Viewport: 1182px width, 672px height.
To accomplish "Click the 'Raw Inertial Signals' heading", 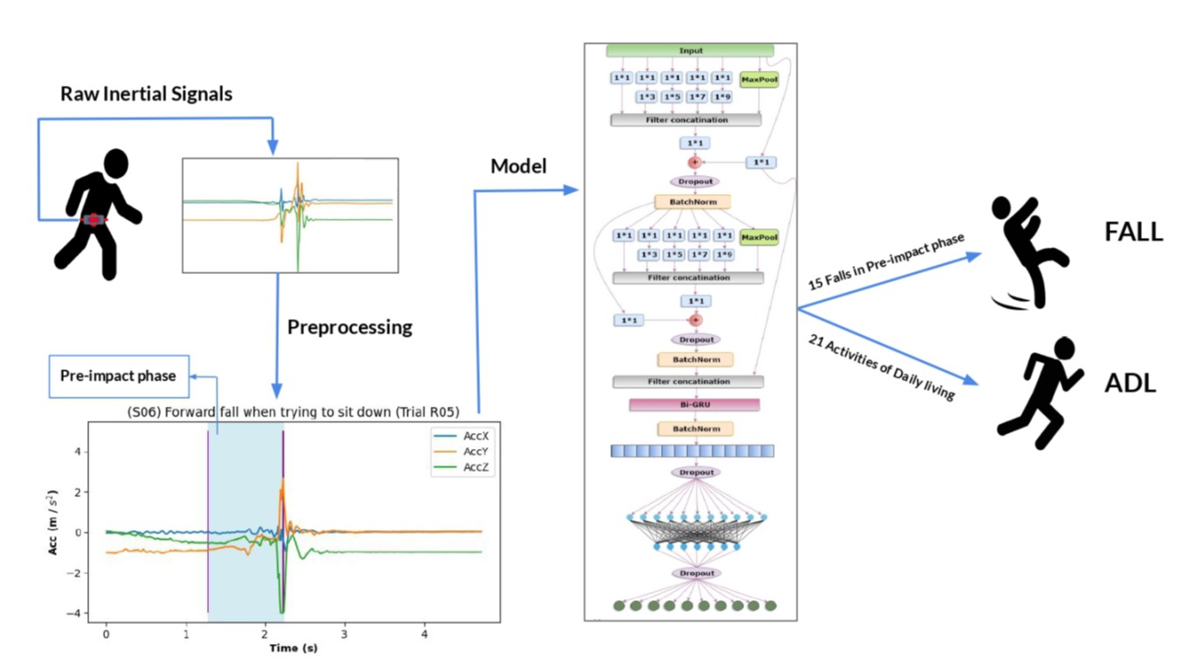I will coord(146,94).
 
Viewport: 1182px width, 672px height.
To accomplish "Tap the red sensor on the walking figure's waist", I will coord(94,220).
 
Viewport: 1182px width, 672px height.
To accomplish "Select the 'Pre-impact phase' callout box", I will coord(117,376).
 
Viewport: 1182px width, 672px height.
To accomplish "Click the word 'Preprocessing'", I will coord(349,327).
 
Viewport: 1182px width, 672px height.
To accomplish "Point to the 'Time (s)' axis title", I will coord(293,647).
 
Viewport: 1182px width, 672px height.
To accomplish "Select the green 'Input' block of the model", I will coord(691,51).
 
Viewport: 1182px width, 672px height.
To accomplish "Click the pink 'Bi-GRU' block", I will coord(694,405).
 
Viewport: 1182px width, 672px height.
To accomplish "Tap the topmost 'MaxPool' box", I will coord(758,79).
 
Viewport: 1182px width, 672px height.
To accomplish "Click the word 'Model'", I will coord(518,165).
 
